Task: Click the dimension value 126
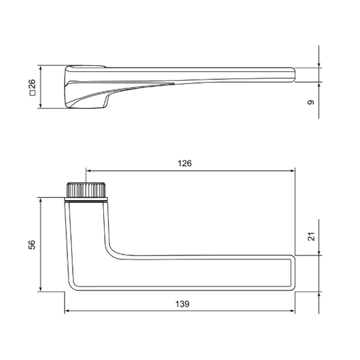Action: (x=185, y=163)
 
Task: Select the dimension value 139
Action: (x=182, y=304)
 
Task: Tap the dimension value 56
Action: (x=32, y=245)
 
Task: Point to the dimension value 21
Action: (x=311, y=237)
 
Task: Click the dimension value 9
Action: (x=311, y=103)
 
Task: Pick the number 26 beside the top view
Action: (x=33, y=84)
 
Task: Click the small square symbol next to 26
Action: (x=33, y=93)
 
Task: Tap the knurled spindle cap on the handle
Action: (x=86, y=189)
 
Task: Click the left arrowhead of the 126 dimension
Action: (x=89, y=171)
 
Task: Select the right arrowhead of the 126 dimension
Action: (x=292, y=171)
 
